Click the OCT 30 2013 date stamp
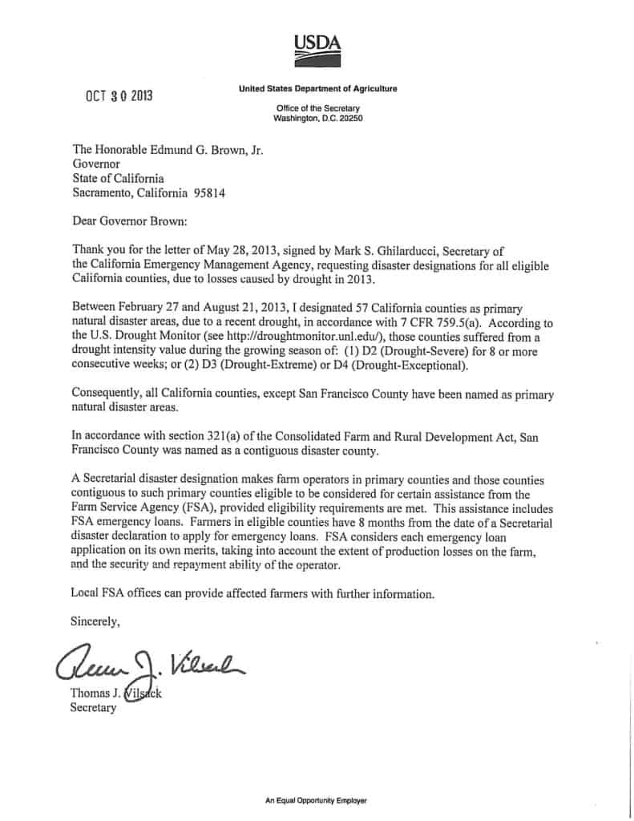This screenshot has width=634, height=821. pyautogui.click(x=119, y=96)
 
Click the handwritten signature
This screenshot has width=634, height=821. pyautogui.click(x=148, y=662)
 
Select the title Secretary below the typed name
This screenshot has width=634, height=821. pyautogui.click(x=94, y=708)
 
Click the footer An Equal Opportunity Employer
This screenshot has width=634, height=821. pyautogui.click(x=317, y=800)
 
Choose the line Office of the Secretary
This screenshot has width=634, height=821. pyautogui.click(x=317, y=108)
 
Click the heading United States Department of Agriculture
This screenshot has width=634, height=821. pyautogui.click(x=317, y=88)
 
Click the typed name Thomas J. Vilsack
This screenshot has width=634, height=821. pyautogui.click(x=116, y=694)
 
